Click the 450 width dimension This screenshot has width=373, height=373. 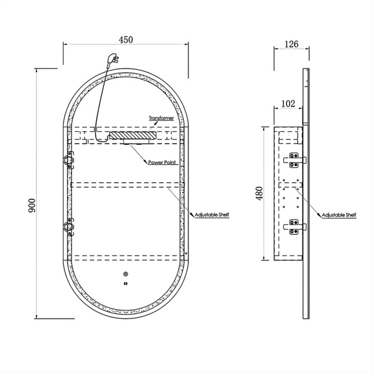click(126, 40)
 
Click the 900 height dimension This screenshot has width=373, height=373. click(32, 205)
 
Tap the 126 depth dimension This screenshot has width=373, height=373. click(291, 44)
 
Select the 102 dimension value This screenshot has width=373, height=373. click(288, 103)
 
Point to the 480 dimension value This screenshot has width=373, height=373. click(260, 193)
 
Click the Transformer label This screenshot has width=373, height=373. click(161, 118)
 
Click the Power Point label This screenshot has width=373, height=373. click(162, 163)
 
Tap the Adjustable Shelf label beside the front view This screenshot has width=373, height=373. click(212, 215)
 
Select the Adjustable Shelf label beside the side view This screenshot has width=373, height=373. click(339, 215)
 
